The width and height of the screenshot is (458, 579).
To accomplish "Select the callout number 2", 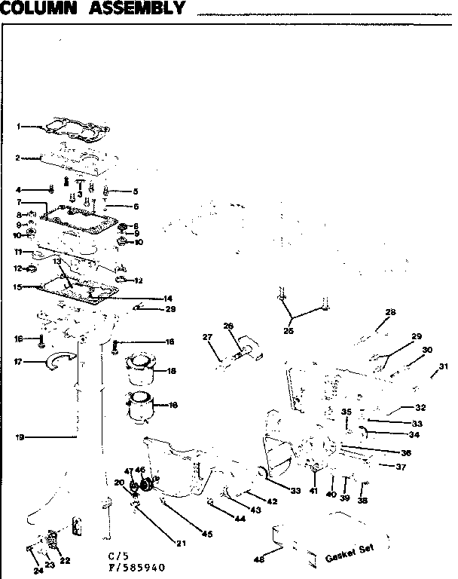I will [17, 158].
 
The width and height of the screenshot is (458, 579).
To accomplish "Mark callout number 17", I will [18, 361].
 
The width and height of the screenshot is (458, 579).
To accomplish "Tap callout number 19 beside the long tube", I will [19, 435].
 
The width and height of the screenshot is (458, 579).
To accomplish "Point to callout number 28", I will [390, 311].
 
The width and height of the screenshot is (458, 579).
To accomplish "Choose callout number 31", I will [444, 366].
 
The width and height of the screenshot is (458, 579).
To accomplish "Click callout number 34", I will [414, 434].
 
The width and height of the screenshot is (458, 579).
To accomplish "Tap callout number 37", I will [402, 467].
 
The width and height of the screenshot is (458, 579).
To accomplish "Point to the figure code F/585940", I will [136, 567].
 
